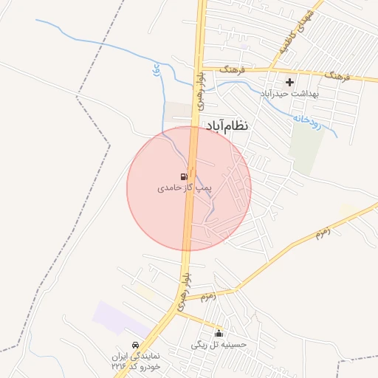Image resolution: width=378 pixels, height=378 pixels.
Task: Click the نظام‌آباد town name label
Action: tap(227, 126)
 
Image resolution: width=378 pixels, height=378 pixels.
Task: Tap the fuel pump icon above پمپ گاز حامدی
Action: tap(182, 176)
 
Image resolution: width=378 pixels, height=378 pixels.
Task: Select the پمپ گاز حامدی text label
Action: tap(184, 188)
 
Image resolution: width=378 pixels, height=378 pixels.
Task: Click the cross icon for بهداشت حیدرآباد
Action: tap(289, 83)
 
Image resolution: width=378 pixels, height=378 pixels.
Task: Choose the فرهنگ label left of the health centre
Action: tap(232, 69)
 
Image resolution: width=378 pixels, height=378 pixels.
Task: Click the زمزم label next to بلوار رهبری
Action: tap(207, 297)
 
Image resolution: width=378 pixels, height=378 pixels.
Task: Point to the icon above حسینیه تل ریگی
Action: tap(218, 333)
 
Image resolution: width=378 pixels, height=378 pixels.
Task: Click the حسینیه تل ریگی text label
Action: tap(219, 344)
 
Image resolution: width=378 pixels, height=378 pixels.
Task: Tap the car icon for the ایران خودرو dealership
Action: tap(134, 346)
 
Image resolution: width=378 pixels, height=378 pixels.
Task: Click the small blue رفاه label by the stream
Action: tap(156, 72)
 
